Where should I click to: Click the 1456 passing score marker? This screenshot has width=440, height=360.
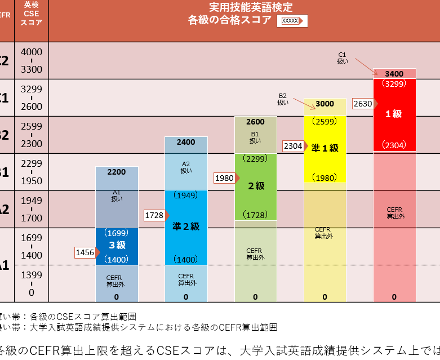[x=85, y=252]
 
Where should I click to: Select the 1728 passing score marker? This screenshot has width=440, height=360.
[x=154, y=215]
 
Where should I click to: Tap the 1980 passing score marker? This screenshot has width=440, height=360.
[x=224, y=178]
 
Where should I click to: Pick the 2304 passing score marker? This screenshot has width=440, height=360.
[x=294, y=146]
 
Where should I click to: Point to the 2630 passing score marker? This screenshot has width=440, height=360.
[x=363, y=104]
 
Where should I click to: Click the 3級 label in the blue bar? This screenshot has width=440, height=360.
[x=117, y=245]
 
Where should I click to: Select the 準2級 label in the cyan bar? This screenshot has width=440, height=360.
[x=186, y=226]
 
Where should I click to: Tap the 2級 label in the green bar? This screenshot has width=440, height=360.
[x=255, y=185]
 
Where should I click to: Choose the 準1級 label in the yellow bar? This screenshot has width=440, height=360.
[x=325, y=148]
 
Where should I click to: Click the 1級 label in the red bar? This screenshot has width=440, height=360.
[x=394, y=114]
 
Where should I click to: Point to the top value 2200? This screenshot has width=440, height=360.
[x=117, y=172]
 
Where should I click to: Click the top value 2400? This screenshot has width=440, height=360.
[x=186, y=142]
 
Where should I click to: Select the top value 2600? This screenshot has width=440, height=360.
[x=255, y=122]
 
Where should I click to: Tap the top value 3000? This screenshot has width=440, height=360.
[x=325, y=104]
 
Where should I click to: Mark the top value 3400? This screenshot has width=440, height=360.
[x=394, y=74]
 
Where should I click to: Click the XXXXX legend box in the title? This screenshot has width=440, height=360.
[x=291, y=21]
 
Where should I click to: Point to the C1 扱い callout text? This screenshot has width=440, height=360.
[x=343, y=58]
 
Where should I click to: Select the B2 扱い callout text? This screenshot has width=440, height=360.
[x=283, y=99]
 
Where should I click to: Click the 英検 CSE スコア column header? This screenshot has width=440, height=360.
[x=32, y=13]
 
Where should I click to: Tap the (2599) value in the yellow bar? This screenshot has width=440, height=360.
[x=325, y=121]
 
